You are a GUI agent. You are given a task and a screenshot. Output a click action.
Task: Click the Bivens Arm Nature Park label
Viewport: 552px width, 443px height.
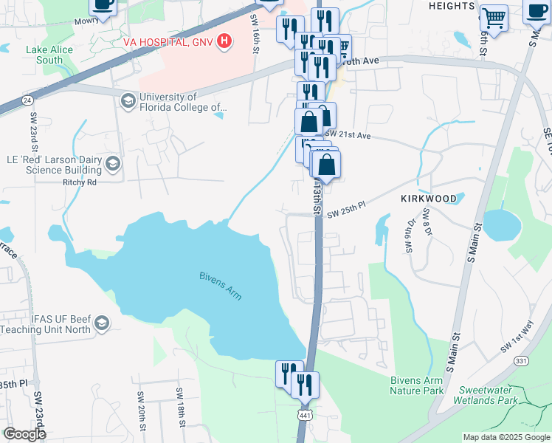click(417, 385)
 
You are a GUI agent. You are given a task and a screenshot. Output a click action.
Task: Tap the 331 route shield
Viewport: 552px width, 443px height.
click(521, 360)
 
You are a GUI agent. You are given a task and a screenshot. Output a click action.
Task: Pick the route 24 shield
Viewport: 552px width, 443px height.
click(27, 99)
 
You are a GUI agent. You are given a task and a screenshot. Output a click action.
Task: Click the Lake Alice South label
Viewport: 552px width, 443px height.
click(44, 55)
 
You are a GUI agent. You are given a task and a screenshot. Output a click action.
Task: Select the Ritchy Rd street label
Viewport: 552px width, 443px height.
click(80, 181)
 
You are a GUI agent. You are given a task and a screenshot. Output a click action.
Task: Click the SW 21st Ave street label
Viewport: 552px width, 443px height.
click(348, 136)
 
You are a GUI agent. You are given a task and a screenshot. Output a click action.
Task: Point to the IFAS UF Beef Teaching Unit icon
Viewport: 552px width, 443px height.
click(102, 323)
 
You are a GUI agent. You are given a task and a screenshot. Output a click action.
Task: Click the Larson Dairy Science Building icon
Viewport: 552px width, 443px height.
click(113, 162)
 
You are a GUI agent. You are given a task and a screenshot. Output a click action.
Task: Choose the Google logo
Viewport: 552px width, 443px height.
click(24, 434)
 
